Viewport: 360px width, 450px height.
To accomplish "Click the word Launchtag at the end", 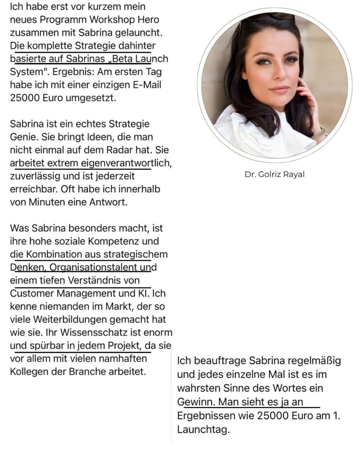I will click(x=204, y=429).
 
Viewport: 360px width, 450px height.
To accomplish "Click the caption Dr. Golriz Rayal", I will click(x=275, y=174).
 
